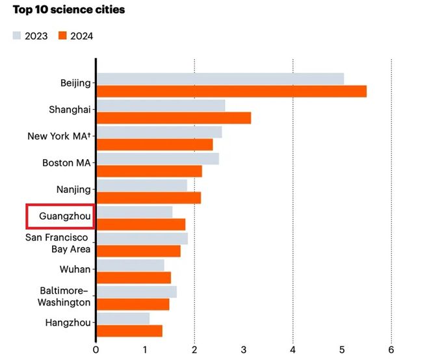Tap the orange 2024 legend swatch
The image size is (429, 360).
[x=62, y=36]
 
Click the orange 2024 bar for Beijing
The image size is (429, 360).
[x=231, y=91]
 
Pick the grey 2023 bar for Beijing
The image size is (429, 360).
[x=220, y=79]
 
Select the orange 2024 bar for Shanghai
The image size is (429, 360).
[x=173, y=118]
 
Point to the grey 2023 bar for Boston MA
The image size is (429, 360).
[x=157, y=159]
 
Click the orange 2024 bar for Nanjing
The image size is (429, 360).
[x=148, y=198]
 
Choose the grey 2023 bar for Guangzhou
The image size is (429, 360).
[x=134, y=212]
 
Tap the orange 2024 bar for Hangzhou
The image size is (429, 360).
[x=129, y=331]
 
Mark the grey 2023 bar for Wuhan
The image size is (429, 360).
[x=130, y=265]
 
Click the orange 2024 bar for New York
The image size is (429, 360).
[x=154, y=144]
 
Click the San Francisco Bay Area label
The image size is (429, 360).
[x=57, y=244]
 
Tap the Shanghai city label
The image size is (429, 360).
[x=70, y=109]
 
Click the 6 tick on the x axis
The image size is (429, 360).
[x=391, y=349]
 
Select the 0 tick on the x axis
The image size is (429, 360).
[x=96, y=349]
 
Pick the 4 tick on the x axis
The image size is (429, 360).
[x=292, y=349]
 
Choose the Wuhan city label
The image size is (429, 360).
[x=75, y=269]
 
